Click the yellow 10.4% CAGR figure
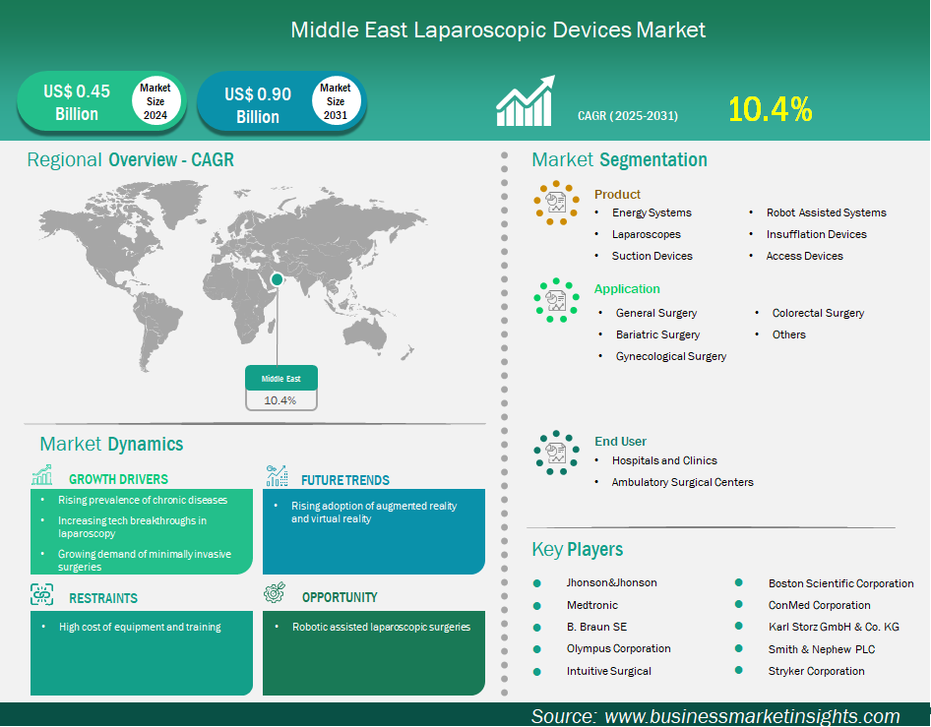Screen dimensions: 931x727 coord(771,109)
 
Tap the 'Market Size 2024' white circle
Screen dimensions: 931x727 coord(155,101)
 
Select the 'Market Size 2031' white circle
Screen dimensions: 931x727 coord(336,101)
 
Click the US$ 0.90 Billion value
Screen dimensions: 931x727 coord(258,105)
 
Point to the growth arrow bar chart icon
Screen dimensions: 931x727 coord(526,101)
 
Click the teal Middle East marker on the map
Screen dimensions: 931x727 coord(277,279)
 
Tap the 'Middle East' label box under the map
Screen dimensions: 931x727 coord(281,388)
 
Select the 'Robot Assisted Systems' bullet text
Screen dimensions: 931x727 coord(826,212)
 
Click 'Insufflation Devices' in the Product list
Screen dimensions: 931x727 coord(817,234)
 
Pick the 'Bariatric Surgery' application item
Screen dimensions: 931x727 coord(657,334)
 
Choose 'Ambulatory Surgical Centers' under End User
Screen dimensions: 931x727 coord(682,482)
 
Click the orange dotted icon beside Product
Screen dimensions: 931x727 coord(556,203)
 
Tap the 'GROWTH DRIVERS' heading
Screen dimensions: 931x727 coord(118,479)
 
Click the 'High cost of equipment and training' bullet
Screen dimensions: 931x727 coord(140,627)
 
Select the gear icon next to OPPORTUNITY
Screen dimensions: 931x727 coord(275,593)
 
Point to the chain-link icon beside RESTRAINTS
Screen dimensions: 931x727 coord(41,594)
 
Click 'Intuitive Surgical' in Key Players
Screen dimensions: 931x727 coord(608,671)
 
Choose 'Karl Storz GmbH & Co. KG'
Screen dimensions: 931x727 coord(834,627)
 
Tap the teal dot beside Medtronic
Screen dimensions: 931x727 coord(537,606)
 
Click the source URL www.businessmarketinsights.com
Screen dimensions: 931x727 coord(752,716)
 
